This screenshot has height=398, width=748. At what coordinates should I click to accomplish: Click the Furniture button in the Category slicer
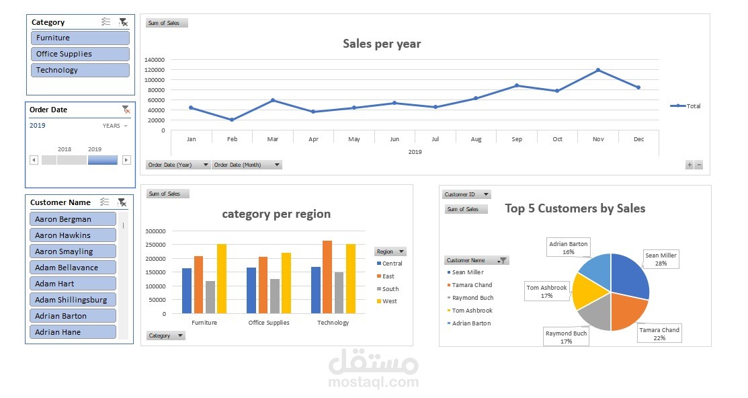click(x=80, y=38)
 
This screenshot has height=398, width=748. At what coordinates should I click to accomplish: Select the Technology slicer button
click(x=80, y=70)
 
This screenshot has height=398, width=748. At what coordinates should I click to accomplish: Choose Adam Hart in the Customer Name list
click(x=73, y=284)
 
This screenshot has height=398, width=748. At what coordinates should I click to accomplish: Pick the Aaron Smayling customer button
click(x=73, y=251)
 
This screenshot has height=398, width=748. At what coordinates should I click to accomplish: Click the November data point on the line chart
click(x=597, y=70)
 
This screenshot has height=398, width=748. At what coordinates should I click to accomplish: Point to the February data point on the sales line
click(x=232, y=120)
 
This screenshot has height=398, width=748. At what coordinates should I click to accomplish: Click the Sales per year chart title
click(x=382, y=44)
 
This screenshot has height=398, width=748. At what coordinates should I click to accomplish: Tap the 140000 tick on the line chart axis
click(x=155, y=60)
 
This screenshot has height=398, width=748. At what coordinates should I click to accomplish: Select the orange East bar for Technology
click(x=327, y=277)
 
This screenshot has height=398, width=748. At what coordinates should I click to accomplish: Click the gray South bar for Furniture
click(x=210, y=297)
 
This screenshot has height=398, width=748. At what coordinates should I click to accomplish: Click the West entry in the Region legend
click(x=389, y=301)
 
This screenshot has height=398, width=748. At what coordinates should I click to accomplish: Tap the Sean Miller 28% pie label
click(x=661, y=260)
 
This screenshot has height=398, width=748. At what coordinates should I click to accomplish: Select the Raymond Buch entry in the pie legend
click(x=472, y=298)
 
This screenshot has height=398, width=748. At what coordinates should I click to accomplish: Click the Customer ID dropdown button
click(x=466, y=194)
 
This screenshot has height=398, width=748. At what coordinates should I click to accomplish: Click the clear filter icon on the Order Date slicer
click(x=126, y=110)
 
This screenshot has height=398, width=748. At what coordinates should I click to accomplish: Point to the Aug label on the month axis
click(x=476, y=139)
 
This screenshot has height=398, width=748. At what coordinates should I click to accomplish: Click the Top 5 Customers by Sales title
click(x=575, y=208)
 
